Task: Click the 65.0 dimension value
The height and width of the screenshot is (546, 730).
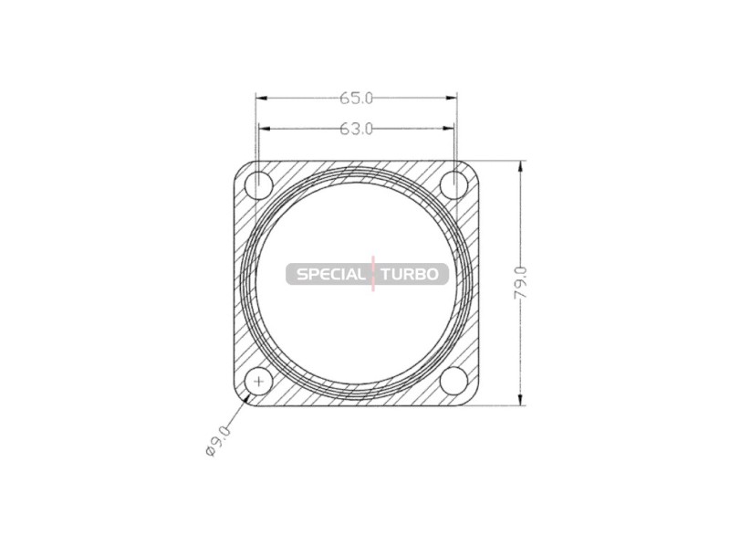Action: tap(356, 99)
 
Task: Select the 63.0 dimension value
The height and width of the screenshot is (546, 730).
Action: tap(356, 129)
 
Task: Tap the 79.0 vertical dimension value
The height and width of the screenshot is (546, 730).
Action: tap(520, 283)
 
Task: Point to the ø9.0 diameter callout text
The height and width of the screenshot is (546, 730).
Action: tap(218, 440)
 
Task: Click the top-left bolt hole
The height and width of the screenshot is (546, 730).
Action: tap(259, 185)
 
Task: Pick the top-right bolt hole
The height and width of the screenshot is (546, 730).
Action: tap(454, 185)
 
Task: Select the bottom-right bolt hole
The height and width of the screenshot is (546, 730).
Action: tap(454, 381)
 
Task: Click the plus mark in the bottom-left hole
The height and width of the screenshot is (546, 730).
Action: tap(259, 382)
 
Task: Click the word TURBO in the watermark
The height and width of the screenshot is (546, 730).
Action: tap(410, 274)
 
